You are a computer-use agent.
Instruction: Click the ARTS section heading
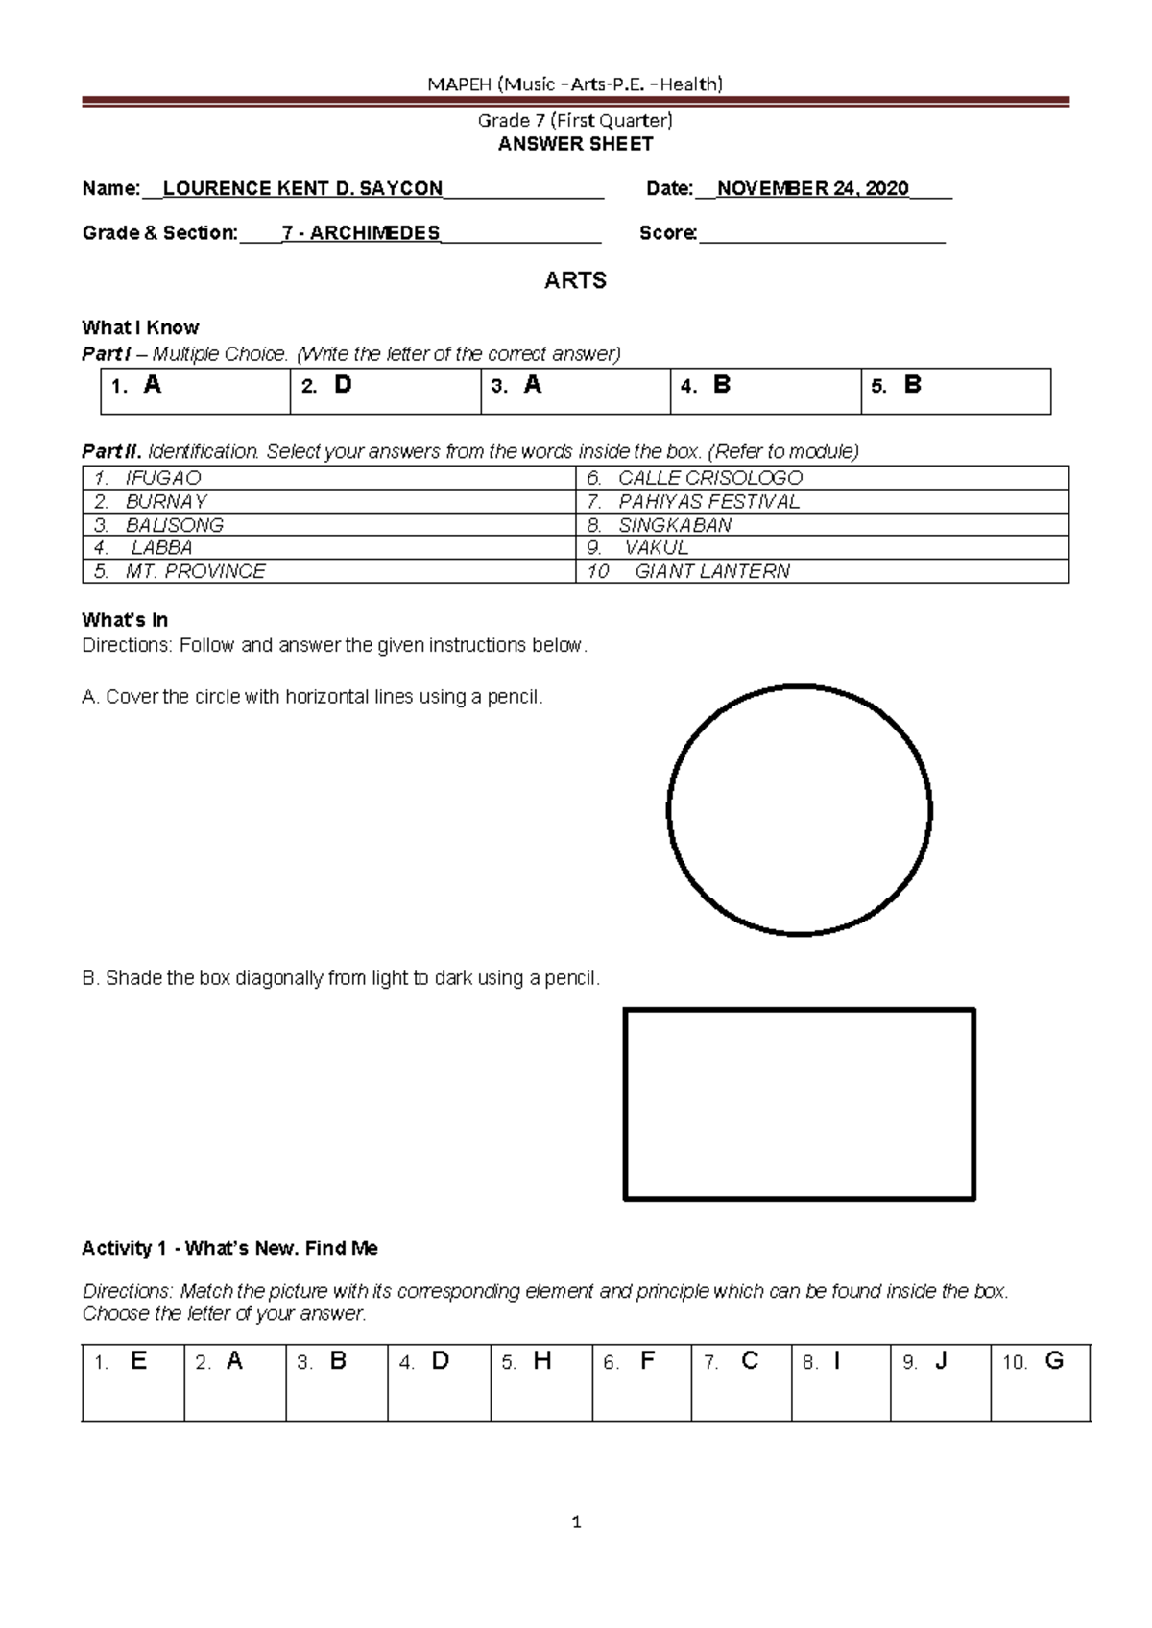click(575, 280)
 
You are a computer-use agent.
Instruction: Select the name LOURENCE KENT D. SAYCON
click(302, 189)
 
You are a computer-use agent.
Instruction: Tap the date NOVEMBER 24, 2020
click(812, 189)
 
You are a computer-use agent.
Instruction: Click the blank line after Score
click(822, 233)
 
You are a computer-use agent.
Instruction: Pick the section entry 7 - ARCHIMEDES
click(361, 233)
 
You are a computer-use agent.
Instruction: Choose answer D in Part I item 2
click(343, 386)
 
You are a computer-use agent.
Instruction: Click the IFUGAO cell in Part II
click(162, 478)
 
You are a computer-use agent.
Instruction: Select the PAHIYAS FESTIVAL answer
click(708, 502)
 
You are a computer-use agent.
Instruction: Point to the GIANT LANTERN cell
click(712, 572)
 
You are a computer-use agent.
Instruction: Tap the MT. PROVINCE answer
click(195, 572)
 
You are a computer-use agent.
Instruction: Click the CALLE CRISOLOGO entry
click(709, 478)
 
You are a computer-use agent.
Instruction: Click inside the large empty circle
click(799, 809)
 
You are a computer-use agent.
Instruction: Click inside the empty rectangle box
click(799, 1103)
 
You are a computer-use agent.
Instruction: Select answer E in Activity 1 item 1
click(138, 1361)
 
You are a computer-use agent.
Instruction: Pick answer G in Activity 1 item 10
click(1053, 1361)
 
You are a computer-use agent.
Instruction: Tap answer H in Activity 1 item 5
click(542, 1361)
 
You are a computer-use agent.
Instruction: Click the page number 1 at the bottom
click(576, 1521)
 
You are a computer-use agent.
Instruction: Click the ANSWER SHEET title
click(575, 144)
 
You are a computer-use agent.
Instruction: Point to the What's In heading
click(125, 620)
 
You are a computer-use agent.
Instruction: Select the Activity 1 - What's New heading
click(229, 1249)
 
